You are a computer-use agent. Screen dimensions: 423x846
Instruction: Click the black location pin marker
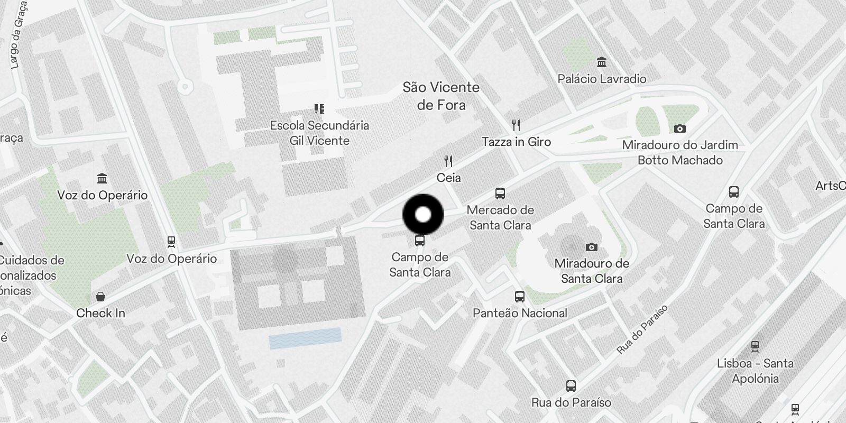[x=423, y=215]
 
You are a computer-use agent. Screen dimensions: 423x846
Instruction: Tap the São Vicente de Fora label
[x=441, y=96]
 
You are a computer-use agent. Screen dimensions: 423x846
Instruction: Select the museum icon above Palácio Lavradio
[x=602, y=62]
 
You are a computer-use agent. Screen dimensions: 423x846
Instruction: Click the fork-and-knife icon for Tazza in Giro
[x=517, y=125]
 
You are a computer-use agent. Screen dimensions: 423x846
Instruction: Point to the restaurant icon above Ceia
[x=448, y=161]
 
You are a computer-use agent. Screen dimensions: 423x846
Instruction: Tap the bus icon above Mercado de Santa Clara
[x=500, y=194]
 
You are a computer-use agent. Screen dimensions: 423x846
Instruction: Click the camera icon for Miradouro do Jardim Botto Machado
[x=680, y=128]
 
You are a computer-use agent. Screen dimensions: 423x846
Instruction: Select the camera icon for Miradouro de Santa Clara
[x=592, y=247]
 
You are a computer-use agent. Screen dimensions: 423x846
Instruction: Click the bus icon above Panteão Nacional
[x=520, y=297]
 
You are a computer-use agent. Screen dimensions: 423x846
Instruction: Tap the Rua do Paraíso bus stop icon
[x=571, y=386]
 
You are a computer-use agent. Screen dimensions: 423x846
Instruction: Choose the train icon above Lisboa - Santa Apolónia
[x=755, y=347]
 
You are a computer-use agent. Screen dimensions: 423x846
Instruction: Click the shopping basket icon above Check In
[x=100, y=297]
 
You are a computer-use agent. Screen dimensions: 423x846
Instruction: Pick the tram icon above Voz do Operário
[x=171, y=242]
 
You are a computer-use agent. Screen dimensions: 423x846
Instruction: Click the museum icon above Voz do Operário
[x=102, y=178]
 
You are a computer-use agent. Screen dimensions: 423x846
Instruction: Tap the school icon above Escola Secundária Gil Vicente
[x=319, y=109]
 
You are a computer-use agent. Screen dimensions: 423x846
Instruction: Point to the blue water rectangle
[x=305, y=338]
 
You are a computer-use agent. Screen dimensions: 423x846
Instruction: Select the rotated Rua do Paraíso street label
[x=642, y=330]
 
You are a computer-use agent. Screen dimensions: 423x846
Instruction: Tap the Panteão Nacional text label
[x=520, y=313]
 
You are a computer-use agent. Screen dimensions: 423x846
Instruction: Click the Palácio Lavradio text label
[x=602, y=79]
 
